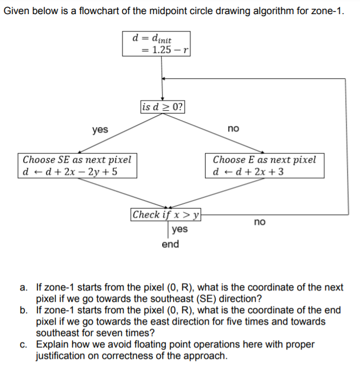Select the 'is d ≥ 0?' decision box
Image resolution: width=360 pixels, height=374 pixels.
pyautogui.click(x=162, y=106)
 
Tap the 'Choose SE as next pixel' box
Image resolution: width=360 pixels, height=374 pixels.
pyautogui.click(x=77, y=166)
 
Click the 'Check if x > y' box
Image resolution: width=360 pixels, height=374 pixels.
pyautogui.click(x=166, y=214)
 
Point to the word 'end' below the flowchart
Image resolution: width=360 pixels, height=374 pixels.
pyautogui.click(x=170, y=244)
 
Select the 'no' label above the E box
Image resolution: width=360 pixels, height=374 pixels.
pyautogui.click(x=233, y=129)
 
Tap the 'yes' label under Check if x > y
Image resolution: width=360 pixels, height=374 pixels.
pyautogui.click(x=179, y=229)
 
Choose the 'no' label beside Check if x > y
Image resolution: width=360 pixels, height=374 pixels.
pyautogui.click(x=260, y=221)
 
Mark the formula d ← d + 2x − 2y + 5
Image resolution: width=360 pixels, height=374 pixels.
pyautogui.click(x=70, y=172)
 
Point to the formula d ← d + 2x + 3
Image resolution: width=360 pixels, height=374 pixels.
pyautogui.click(x=249, y=172)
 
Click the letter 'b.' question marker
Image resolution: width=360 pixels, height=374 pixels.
pyautogui.click(x=24, y=310)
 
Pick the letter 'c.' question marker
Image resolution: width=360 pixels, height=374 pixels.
pyautogui.click(x=24, y=344)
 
